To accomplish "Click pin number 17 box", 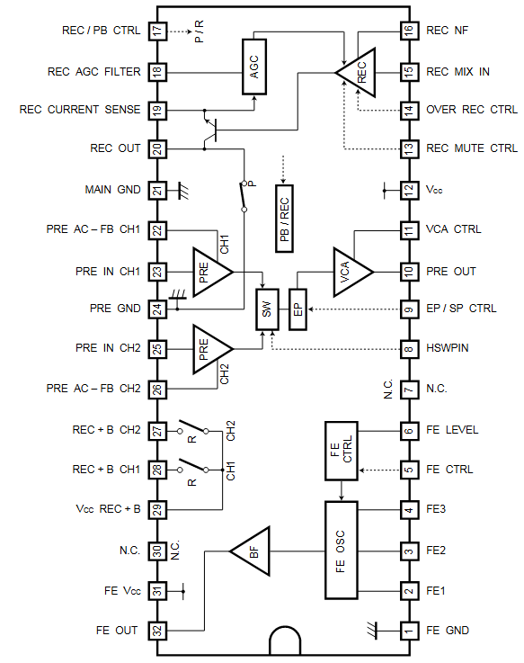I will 158,31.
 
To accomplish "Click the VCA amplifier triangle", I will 350,271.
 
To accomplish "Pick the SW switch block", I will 267,309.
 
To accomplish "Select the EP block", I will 298,309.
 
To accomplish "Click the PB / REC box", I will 285,219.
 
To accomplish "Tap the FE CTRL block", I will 342,450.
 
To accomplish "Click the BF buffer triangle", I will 247,550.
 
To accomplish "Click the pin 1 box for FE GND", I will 408,631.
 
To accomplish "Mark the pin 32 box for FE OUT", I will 158,631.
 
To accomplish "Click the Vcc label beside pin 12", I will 434,191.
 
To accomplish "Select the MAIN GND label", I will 112,190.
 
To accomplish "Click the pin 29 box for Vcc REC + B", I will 158,509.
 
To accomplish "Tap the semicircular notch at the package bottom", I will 285,641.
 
